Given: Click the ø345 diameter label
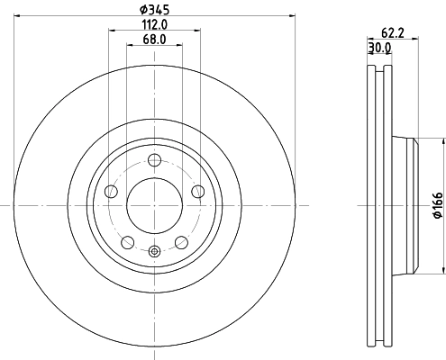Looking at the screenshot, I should coord(154,10).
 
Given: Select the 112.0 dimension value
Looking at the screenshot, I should coord(154,25).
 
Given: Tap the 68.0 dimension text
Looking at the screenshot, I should coord(154,40).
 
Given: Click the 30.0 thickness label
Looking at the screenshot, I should coord(378,49).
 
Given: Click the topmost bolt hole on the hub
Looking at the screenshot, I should coord(154,160).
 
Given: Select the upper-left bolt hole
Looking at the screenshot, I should coord(112,191).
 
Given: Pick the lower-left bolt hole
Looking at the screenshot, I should coord(128,241).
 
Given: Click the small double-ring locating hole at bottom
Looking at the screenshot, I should coord(154,252).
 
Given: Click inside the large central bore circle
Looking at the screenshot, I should coord(154,204).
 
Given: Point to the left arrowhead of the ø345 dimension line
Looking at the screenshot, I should coord(17,15).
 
